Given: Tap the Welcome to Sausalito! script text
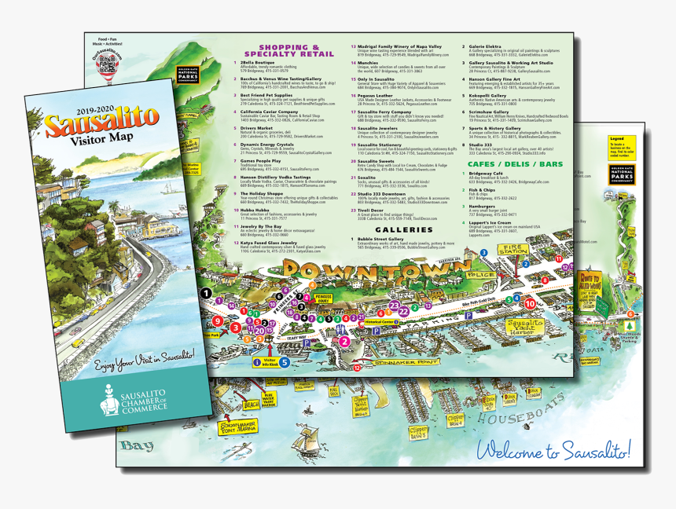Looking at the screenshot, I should pyautogui.click(x=553, y=451).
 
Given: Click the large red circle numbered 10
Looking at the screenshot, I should pyautogui.click(x=530, y=302).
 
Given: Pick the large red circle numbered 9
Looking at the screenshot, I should pyautogui.click(x=217, y=320).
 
